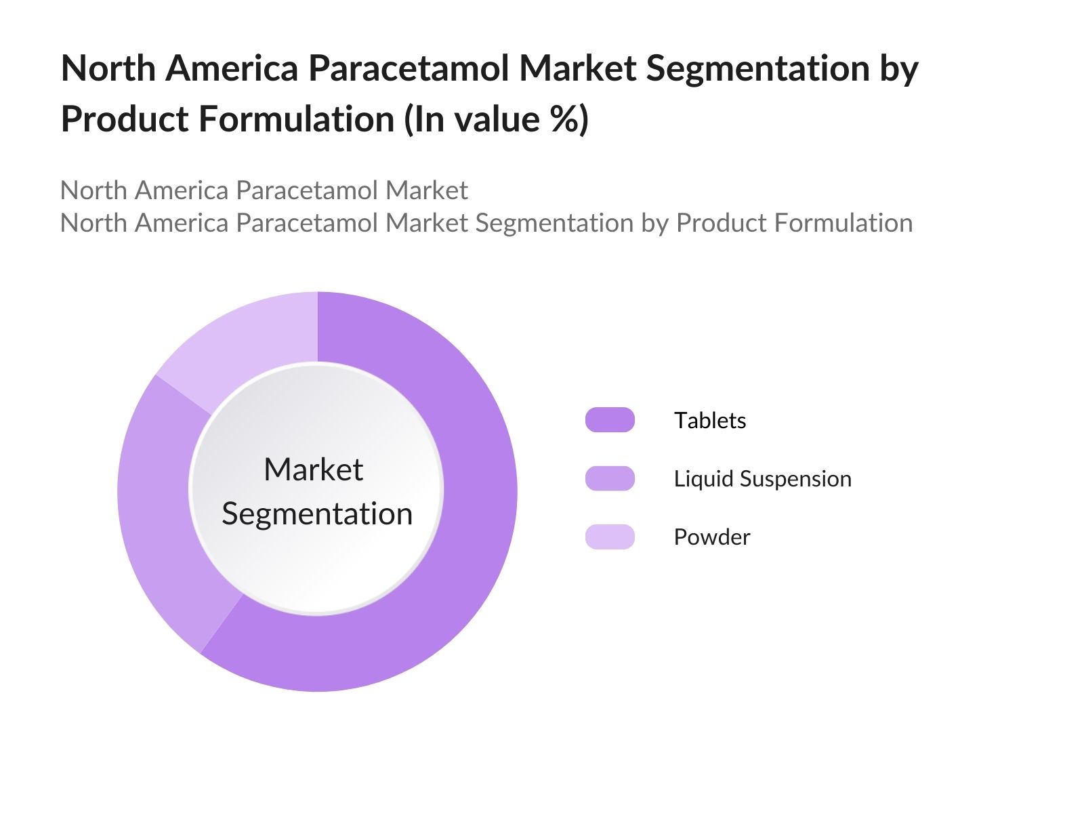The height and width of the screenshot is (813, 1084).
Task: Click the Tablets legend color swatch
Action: tap(610, 420)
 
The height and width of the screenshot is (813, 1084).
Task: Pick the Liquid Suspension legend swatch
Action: tap(610, 478)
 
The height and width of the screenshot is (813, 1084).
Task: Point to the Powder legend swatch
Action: tap(610, 537)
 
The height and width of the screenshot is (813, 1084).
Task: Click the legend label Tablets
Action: tap(709, 421)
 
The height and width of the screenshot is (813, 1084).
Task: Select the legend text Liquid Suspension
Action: tap(762, 479)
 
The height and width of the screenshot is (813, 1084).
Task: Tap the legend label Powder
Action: tap(711, 537)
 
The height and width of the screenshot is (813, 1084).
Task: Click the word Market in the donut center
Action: tap(313, 470)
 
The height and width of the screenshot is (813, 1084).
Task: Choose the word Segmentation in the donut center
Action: tap(317, 514)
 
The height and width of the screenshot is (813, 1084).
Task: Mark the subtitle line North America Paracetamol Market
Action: tap(264, 190)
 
